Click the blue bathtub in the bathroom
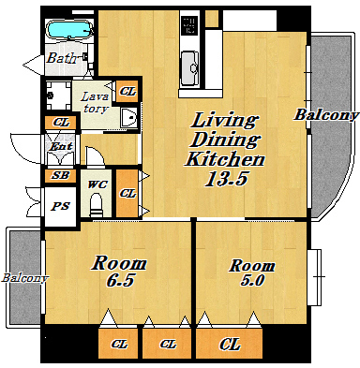[x=70, y=29]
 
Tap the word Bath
[x=62, y=58]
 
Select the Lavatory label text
[x=96, y=102]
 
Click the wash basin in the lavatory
[x=129, y=117]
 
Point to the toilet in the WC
[x=96, y=205]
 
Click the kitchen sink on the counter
[x=190, y=67]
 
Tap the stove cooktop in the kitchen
[x=189, y=25]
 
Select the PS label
[x=61, y=206]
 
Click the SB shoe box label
[x=60, y=175]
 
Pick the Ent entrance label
[x=61, y=146]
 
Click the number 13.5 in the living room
[x=226, y=179]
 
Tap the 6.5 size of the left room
[x=120, y=280]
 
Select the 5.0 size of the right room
[x=252, y=280]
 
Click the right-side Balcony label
[x=326, y=115]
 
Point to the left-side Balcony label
[x=25, y=278]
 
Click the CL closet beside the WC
[x=127, y=193]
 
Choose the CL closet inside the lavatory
[x=127, y=92]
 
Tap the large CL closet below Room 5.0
[x=230, y=344]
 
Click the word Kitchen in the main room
[x=225, y=159]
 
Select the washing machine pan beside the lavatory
[x=58, y=96]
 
